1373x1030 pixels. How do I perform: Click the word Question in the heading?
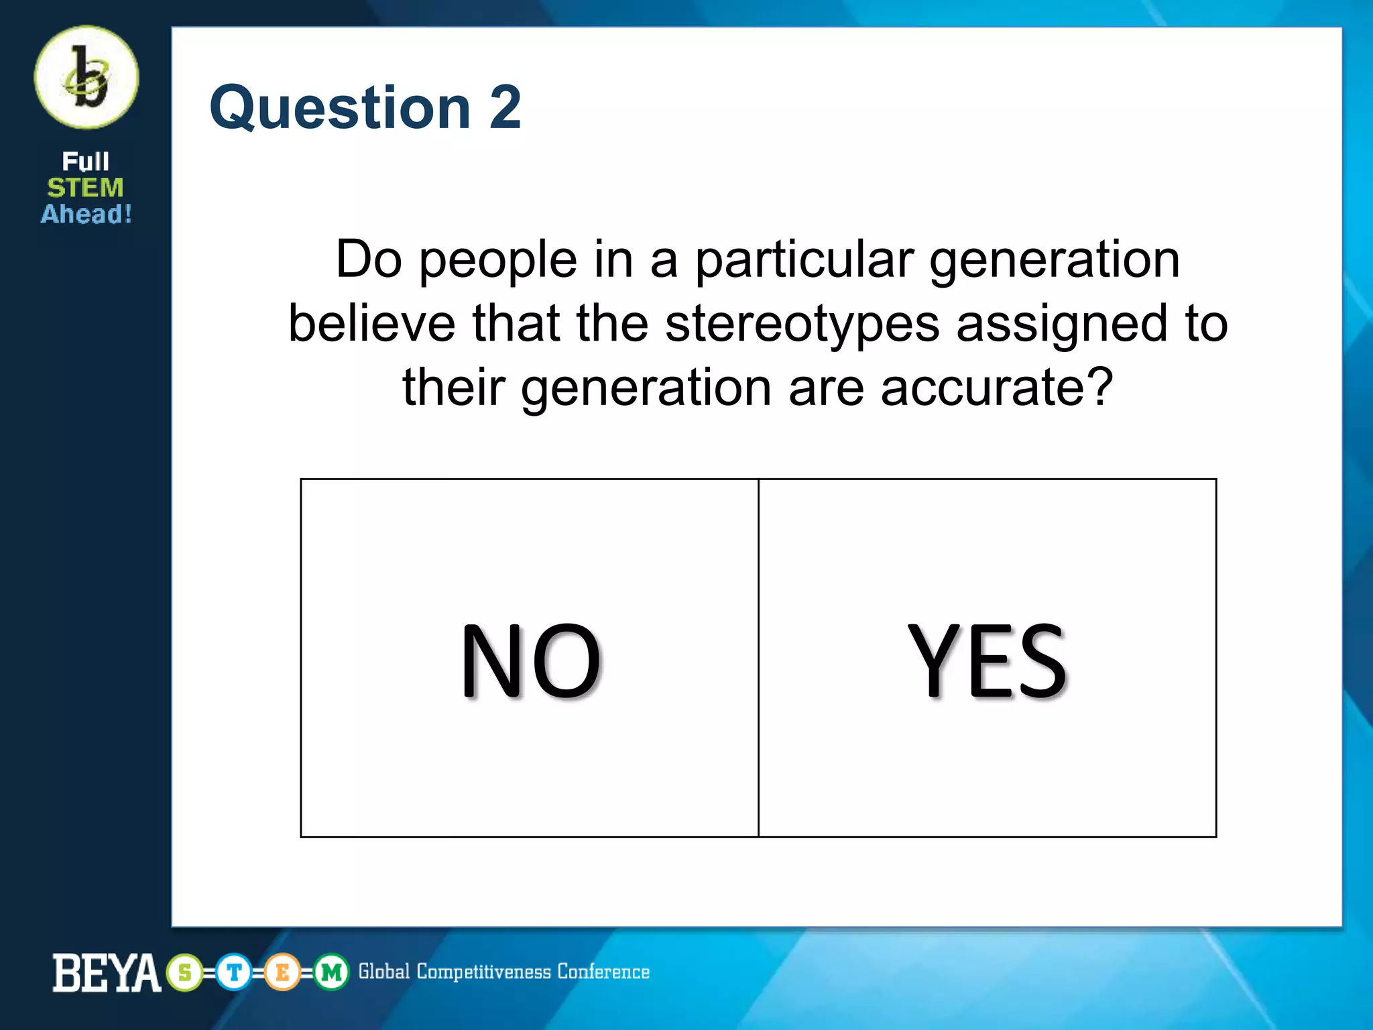click(340, 108)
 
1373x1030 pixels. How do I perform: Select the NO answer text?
click(530, 661)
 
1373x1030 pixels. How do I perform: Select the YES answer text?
click(987, 661)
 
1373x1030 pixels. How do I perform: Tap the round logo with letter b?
click(86, 77)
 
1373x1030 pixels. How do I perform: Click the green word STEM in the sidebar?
click(85, 188)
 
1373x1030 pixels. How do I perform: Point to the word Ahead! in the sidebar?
click(86, 214)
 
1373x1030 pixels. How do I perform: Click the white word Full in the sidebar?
click(85, 162)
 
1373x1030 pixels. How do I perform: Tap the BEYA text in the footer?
click(107, 973)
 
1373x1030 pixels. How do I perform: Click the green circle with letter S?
click(185, 972)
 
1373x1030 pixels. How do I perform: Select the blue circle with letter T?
click(234, 972)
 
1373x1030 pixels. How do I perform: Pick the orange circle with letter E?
click(282, 972)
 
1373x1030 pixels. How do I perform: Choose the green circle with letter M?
click(331, 972)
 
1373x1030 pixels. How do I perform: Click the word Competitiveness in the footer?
click(483, 972)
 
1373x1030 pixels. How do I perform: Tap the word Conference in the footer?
click(603, 972)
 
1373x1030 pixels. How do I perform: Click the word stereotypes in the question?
click(802, 324)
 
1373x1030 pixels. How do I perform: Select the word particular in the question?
click(804, 260)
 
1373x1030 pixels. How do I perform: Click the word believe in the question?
click(372, 324)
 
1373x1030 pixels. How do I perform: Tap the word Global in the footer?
click(383, 972)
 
